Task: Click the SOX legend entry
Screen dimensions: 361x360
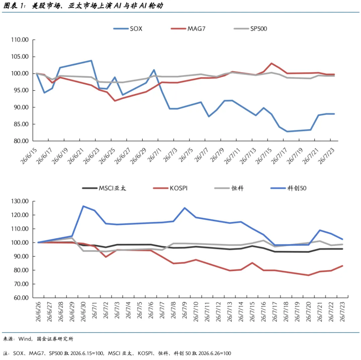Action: pos(128,29)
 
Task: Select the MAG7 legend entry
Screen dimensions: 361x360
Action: pos(188,29)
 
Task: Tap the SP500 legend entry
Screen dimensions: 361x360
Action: pos(251,29)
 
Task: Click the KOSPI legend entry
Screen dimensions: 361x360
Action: pos(170,188)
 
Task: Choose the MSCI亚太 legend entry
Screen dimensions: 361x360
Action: pos(104,188)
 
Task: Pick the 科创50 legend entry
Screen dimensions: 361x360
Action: pos(288,188)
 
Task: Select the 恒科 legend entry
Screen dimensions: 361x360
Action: pos(229,188)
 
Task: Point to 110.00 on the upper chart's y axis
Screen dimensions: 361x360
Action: pos(20,40)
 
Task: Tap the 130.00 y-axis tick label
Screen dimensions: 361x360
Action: pos(20,201)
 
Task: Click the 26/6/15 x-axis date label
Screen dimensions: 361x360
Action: pos(29,156)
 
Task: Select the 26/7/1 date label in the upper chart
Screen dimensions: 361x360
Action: pos(154,155)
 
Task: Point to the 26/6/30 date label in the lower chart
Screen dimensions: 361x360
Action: pos(83,312)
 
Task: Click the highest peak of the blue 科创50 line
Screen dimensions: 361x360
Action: pos(83,206)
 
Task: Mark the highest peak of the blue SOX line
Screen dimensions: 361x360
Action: pos(91,61)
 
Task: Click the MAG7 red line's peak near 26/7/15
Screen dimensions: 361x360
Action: pos(272,63)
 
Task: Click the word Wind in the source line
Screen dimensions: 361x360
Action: pos(25,339)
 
